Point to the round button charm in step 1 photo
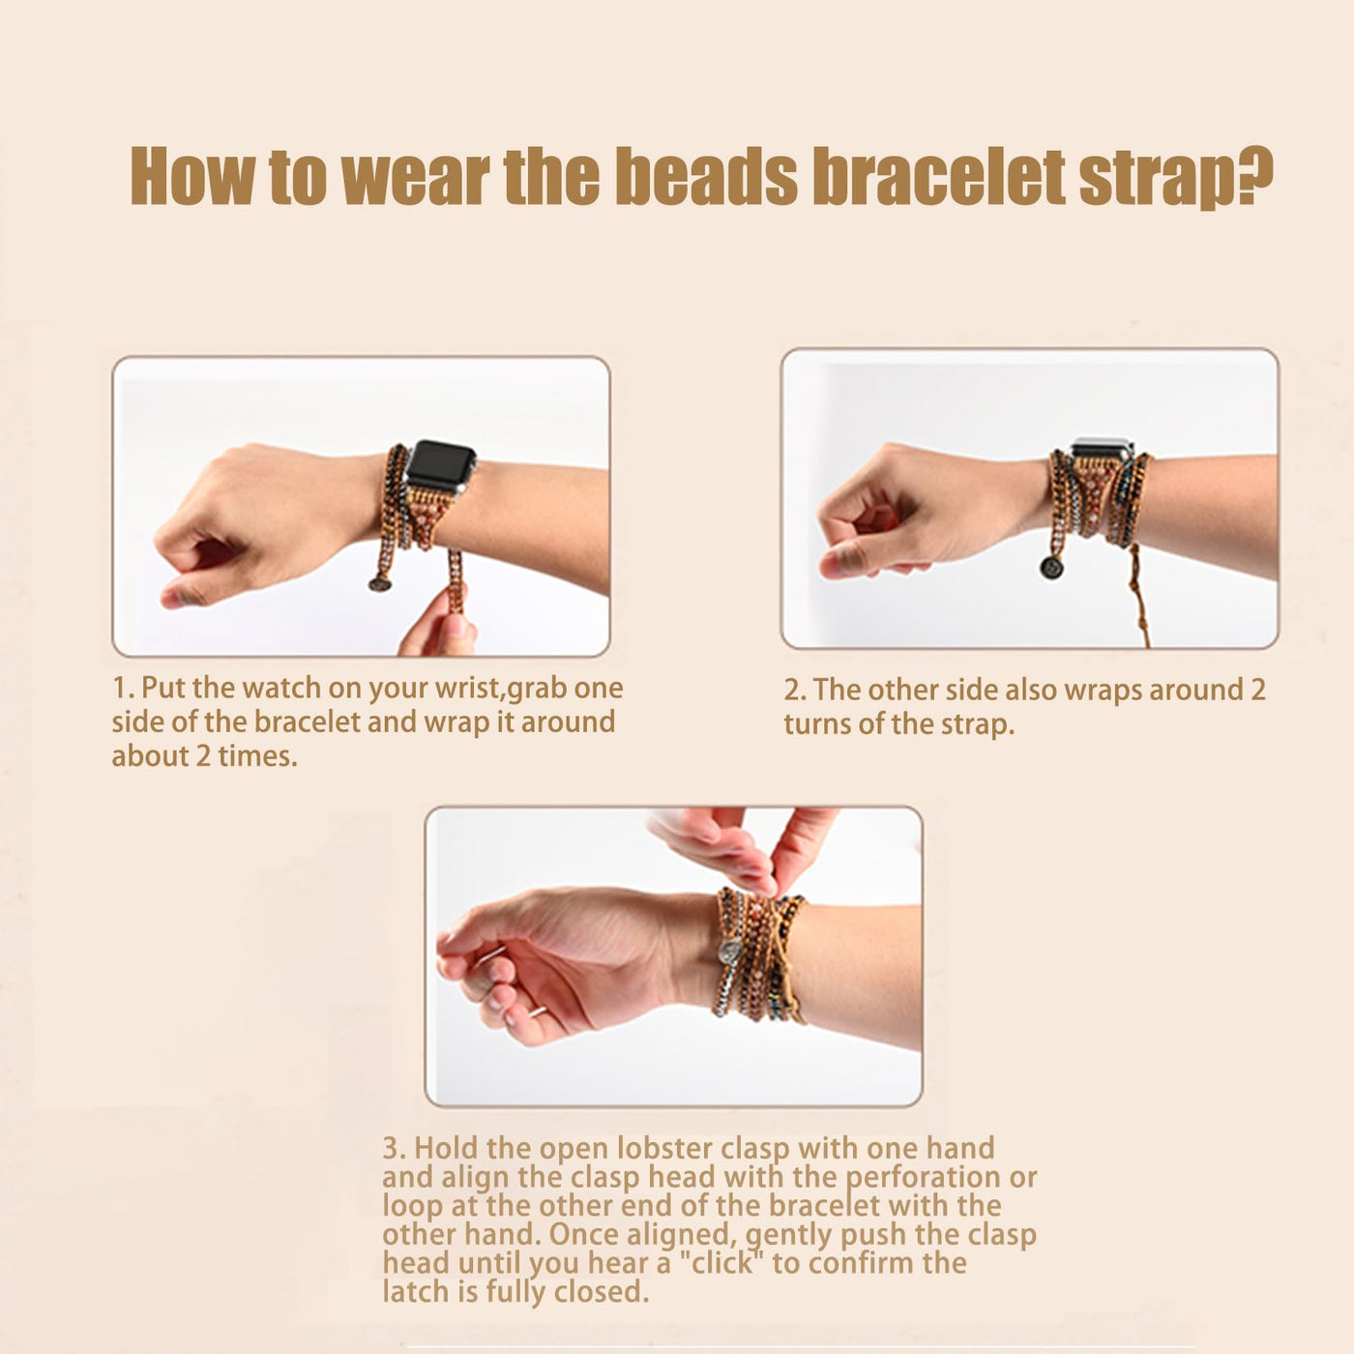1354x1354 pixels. (379, 582)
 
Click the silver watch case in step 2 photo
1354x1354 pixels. (1102, 448)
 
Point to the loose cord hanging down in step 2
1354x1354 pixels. (1138, 598)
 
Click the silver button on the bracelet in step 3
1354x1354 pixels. (728, 952)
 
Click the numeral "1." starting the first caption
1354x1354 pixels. (124, 689)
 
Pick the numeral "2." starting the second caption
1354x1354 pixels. (796, 691)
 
